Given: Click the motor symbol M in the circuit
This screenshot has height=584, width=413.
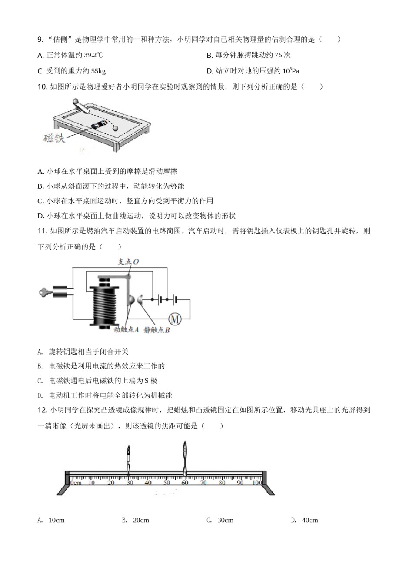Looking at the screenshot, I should click(175, 320).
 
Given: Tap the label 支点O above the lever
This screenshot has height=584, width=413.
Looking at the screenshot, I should click(128, 262).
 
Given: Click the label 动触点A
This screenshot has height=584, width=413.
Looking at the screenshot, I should click(126, 330).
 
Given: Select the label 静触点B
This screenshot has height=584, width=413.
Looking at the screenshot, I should click(157, 330).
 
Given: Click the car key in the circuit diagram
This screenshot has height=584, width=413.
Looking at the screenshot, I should click(46, 292).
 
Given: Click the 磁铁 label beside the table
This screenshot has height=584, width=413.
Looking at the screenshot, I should click(54, 138).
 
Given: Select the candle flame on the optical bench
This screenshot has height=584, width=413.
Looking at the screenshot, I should click(128, 450).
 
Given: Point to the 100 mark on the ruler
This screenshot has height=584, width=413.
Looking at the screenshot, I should click(256, 483).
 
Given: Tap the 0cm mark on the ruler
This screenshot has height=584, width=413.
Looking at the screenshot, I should click(76, 483).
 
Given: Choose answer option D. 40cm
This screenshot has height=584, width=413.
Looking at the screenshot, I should click(305, 520).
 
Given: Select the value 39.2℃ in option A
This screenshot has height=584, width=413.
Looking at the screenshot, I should click(93, 55).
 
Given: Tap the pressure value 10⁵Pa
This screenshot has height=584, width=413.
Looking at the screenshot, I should click(291, 71).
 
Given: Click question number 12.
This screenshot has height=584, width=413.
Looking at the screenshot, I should click(42, 410).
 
